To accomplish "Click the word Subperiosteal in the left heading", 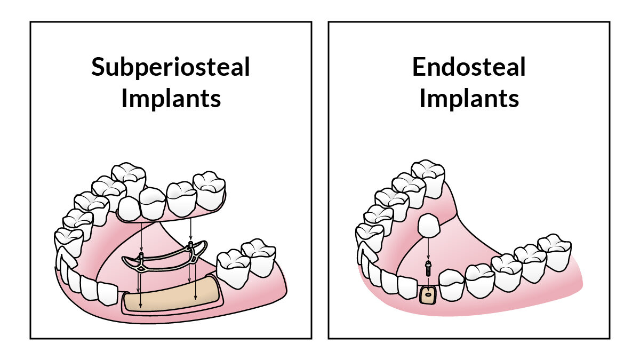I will click(170, 68).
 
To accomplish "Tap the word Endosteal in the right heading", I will click(469, 68).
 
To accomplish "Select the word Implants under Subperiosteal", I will click(171, 99).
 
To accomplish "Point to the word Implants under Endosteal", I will click(469, 99).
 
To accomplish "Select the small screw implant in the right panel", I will click(428, 268).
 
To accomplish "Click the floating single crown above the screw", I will click(429, 226).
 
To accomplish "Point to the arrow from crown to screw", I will click(428, 250).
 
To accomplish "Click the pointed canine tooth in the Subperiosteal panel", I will click(66, 257).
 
